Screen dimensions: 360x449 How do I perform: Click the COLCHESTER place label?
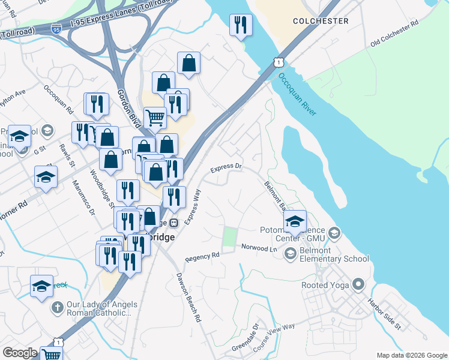click(x=321, y=21)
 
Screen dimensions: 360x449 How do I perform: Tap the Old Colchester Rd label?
click(x=394, y=35)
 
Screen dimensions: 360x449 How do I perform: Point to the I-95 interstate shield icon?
click(x=56, y=28)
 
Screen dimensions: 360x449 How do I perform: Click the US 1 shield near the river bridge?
click(x=277, y=62)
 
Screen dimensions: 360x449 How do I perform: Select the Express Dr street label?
click(x=226, y=168)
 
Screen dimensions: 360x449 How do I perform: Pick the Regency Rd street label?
click(x=202, y=257)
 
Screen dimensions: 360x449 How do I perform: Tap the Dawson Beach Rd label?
click(x=188, y=298)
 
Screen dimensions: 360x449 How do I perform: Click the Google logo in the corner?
click(x=20, y=352)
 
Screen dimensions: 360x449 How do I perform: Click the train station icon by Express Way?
click(x=174, y=223)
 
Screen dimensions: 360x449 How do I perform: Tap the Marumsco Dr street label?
click(x=83, y=197)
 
